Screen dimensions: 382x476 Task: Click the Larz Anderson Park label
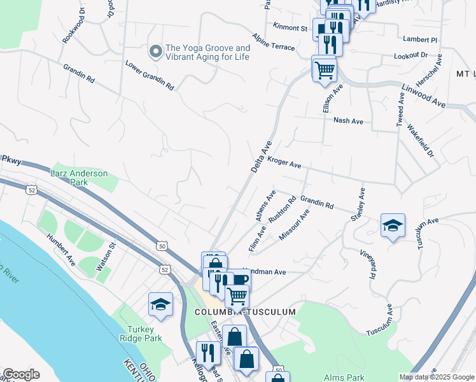(80, 177)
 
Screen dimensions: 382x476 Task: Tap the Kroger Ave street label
(284, 164)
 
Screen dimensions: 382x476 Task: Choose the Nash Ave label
(348, 121)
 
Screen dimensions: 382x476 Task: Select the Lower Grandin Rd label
(150, 74)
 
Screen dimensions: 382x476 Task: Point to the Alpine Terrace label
(273, 43)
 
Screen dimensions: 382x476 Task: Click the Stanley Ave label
(357, 204)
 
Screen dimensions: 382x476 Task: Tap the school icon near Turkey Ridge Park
(160, 304)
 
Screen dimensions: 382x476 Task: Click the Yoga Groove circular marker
(155, 51)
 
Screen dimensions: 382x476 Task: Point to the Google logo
(20, 375)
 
